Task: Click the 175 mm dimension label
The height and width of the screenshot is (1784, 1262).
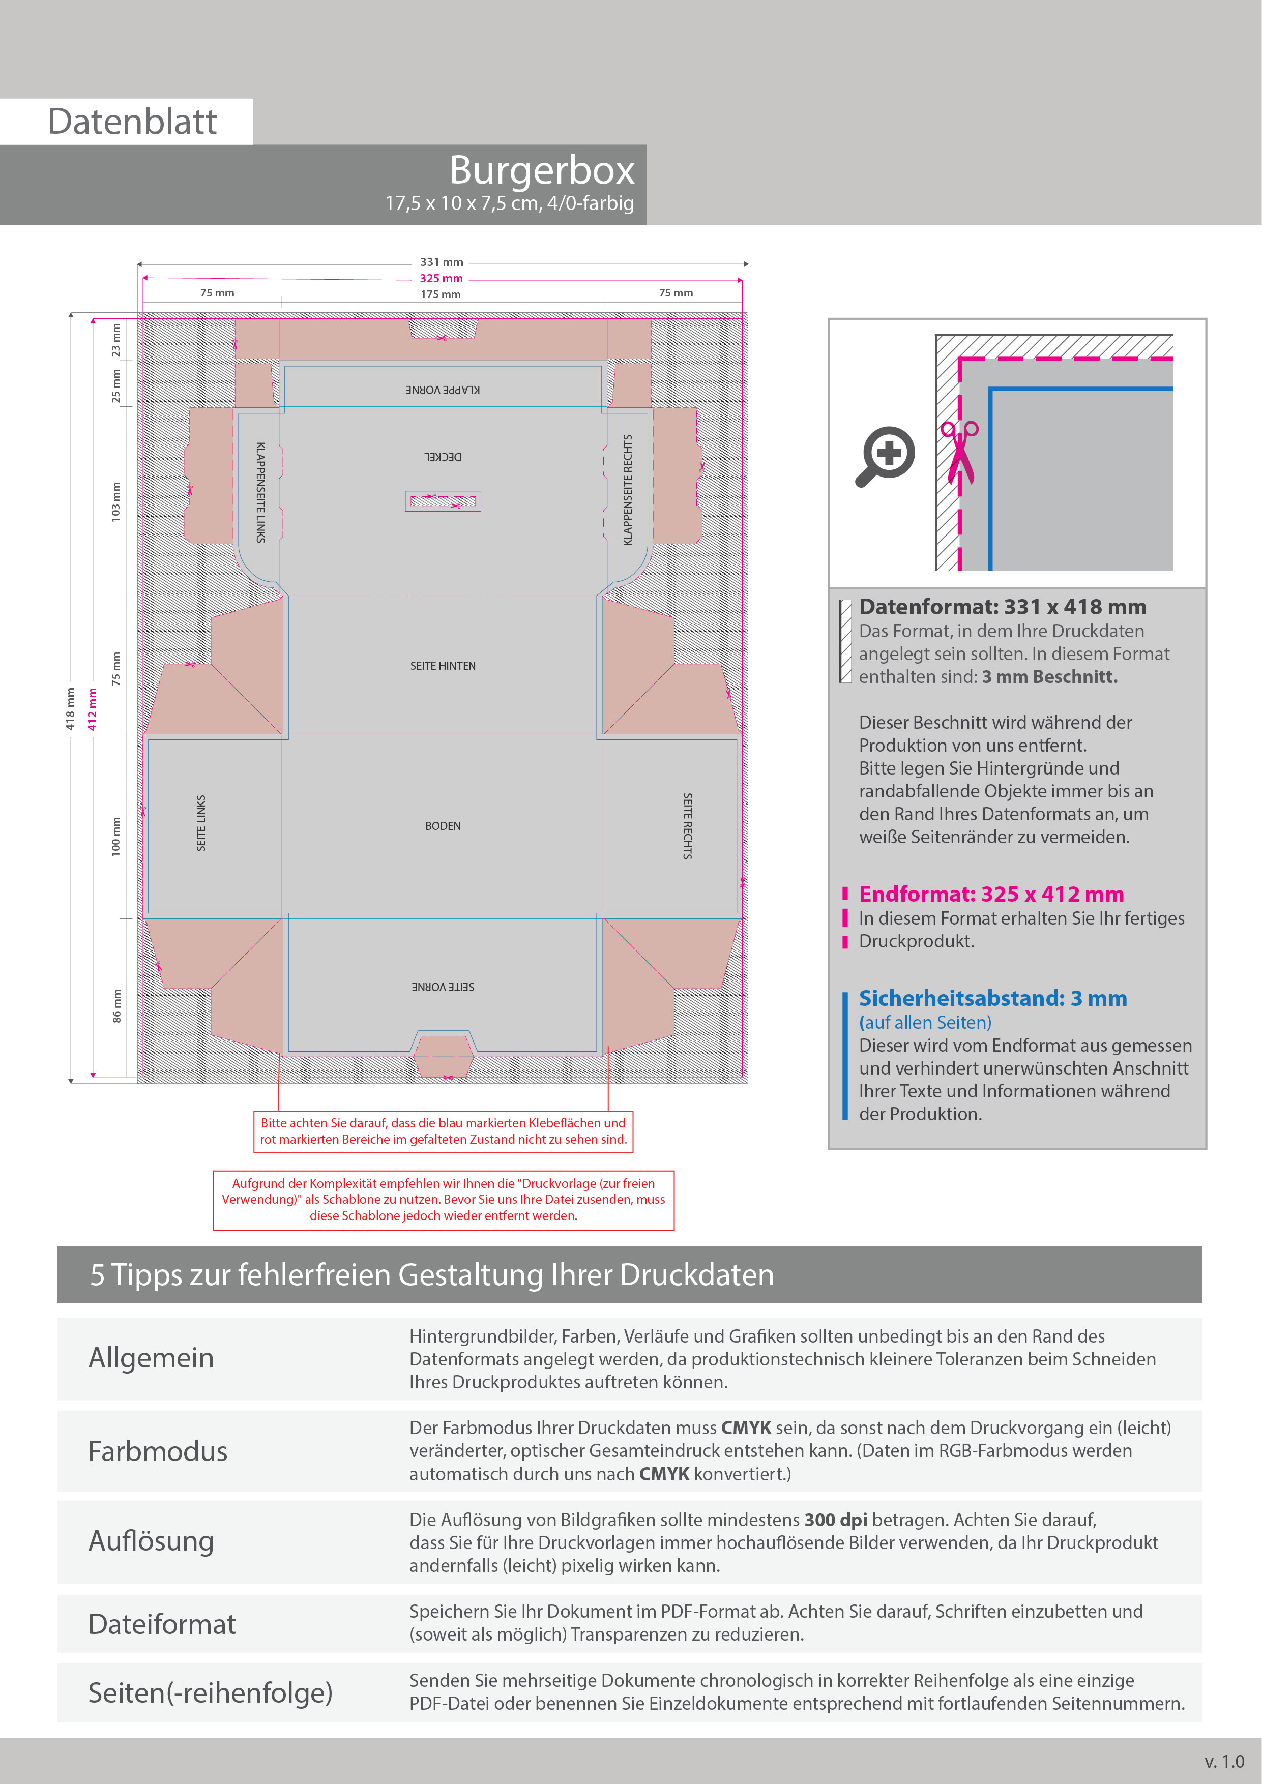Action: tap(441, 294)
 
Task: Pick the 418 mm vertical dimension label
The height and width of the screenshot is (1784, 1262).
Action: tap(70, 708)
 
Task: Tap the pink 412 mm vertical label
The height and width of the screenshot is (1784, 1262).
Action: tap(93, 708)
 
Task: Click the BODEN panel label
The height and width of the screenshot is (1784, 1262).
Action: tap(443, 826)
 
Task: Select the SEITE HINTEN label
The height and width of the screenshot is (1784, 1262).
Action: tap(443, 666)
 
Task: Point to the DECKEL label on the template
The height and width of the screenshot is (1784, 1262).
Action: tap(443, 457)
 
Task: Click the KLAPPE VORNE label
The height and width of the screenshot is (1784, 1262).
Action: tap(443, 389)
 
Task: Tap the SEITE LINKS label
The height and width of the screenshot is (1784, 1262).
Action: tap(201, 823)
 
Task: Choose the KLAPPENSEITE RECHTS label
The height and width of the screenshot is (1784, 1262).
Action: tap(628, 490)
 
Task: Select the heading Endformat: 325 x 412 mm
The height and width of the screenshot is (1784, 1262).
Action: tap(991, 895)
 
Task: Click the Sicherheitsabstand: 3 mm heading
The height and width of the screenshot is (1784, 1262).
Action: tap(992, 998)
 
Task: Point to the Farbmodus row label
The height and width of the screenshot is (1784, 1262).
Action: tap(158, 1451)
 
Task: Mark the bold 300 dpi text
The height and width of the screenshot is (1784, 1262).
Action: tap(835, 1520)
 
